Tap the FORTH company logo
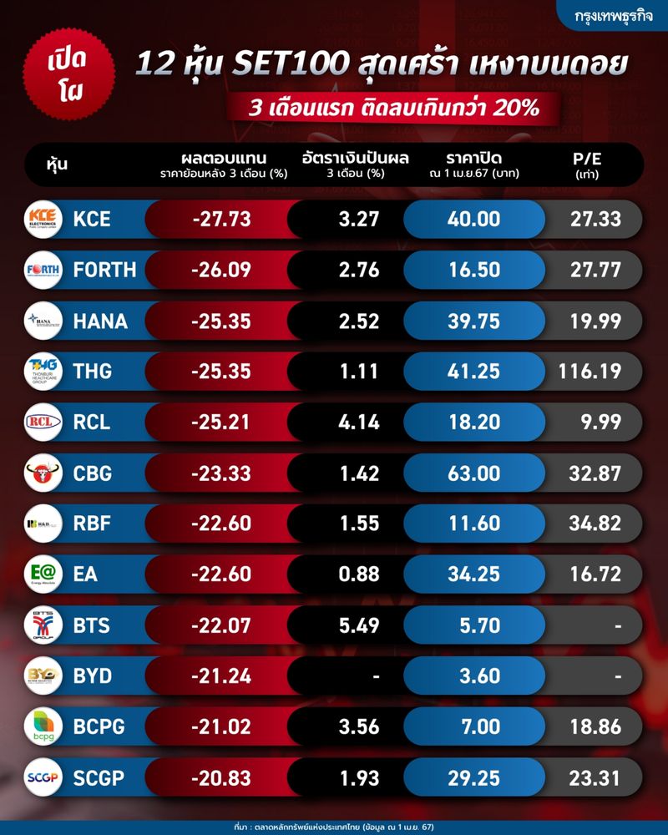pos(43,271)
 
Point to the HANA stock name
pos(100,321)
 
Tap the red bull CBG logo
pos(43,473)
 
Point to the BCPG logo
pos(43,726)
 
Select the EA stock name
pos(85,574)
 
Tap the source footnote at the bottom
pos(334,826)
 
